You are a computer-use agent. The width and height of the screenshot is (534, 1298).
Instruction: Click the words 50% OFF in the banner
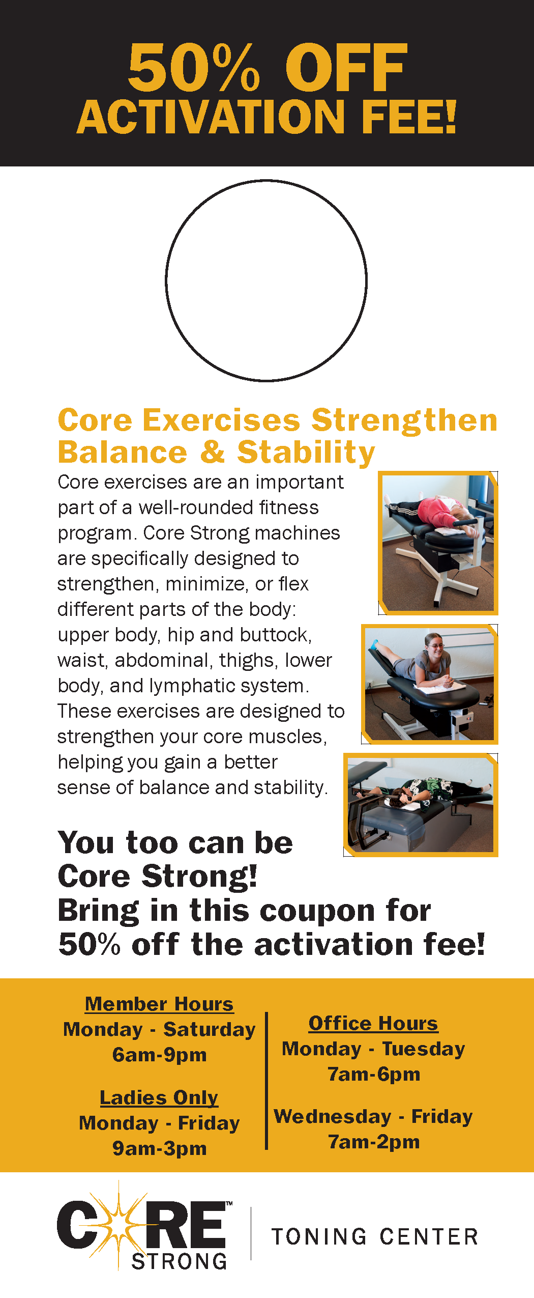tap(268, 67)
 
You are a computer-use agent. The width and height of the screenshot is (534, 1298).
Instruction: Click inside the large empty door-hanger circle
tap(266, 280)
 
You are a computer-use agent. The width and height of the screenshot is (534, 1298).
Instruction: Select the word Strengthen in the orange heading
tap(404, 421)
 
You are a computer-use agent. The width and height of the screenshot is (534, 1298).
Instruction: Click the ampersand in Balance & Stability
tap(212, 452)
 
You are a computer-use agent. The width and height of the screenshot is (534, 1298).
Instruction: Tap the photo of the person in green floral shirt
tap(421, 805)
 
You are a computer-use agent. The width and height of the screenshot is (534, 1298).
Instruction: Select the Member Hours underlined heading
tap(159, 1004)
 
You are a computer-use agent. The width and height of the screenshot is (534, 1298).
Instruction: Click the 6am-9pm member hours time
tap(159, 1055)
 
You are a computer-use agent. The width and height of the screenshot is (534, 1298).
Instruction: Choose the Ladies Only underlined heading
tap(159, 1098)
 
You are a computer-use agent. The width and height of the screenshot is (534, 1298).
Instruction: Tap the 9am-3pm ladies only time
tap(159, 1148)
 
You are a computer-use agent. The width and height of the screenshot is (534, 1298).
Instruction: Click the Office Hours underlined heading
tap(373, 1023)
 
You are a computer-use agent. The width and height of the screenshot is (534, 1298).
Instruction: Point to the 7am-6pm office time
tap(374, 1074)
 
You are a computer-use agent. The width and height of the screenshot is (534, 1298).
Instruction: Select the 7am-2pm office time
tap(374, 1142)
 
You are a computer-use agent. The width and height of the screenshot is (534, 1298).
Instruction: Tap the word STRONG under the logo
tap(179, 1261)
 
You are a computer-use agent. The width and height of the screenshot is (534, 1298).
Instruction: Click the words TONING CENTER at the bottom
tap(375, 1236)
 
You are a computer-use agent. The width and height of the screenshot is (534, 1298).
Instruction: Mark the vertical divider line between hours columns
tap(266, 1081)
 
